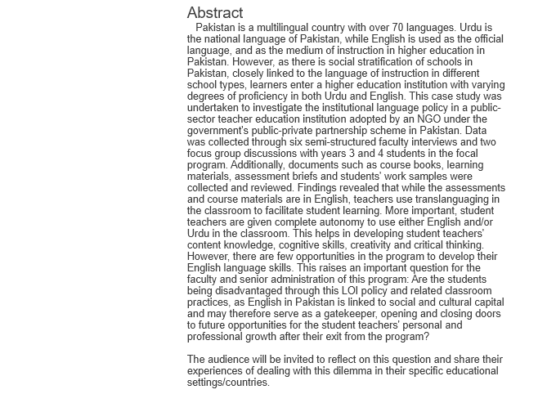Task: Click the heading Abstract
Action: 215,13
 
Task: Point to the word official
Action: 475,39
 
